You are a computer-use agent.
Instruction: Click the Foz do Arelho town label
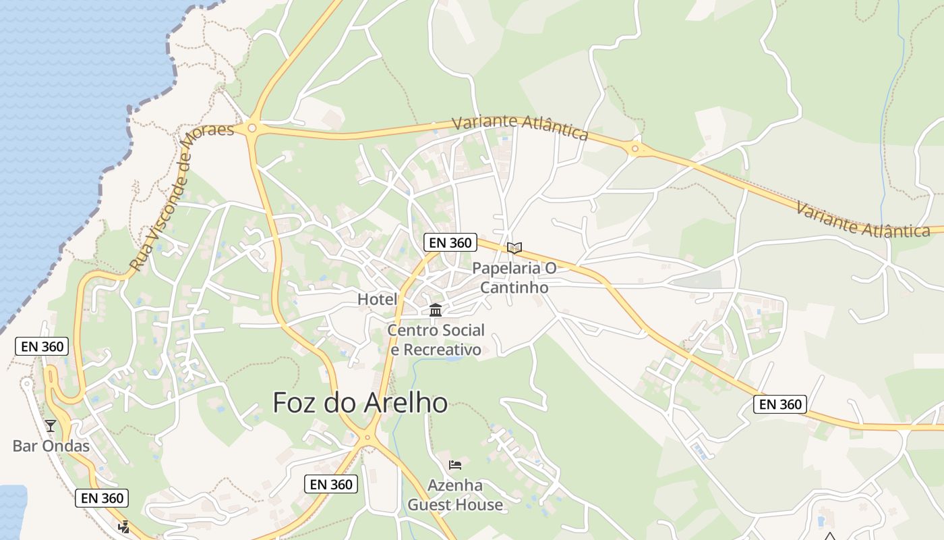360,403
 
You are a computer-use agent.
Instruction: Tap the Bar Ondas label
51,446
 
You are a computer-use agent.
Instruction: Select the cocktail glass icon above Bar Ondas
51,425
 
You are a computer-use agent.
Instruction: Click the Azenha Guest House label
455,495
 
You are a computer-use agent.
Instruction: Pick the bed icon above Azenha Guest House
455,464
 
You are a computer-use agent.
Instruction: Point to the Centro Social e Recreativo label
436,340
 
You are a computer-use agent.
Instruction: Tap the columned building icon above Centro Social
436,310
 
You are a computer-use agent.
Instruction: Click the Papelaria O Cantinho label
514,277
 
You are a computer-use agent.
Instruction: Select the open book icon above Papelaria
514,248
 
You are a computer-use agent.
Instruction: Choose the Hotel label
377,299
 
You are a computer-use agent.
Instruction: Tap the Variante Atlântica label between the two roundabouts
520,127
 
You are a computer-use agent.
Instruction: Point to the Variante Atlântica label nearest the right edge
863,219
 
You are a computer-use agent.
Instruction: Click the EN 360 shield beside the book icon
450,243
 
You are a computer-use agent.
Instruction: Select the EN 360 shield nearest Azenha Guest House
331,484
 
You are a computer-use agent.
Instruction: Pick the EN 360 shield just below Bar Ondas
101,498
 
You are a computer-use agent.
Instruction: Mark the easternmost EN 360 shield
780,404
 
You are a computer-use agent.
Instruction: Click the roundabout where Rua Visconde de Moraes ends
252,127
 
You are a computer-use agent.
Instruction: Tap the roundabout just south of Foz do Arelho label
367,437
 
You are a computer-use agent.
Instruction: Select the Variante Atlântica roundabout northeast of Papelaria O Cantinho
635,148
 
